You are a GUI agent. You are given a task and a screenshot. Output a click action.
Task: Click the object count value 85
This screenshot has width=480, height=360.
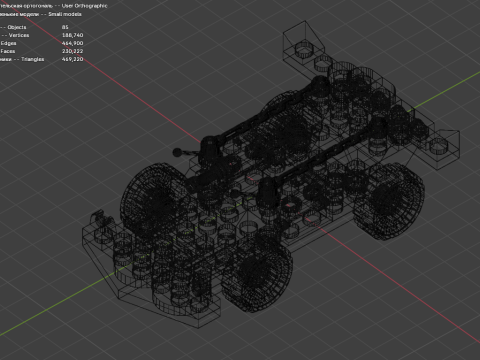[x=65, y=27]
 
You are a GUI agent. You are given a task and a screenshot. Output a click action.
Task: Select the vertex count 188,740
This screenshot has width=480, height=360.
[x=72, y=35]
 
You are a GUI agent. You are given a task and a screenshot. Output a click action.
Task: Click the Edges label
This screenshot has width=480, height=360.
[x=8, y=43]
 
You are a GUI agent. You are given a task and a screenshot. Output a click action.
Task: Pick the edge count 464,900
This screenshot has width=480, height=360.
[x=72, y=43]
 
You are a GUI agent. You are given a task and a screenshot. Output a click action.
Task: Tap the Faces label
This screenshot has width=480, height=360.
[x=8, y=50]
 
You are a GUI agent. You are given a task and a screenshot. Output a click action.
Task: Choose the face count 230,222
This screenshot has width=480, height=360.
[x=72, y=50]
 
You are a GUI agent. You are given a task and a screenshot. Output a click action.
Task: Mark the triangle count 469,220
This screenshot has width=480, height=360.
[x=72, y=58]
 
